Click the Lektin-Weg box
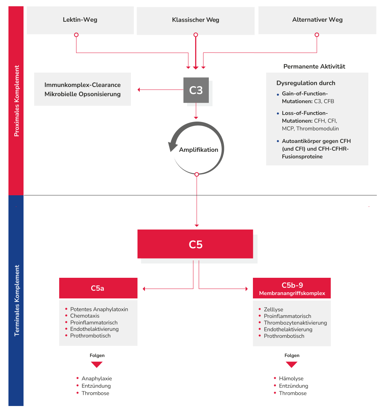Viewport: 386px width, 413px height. click(x=80, y=20)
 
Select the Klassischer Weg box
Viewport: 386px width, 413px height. click(x=196, y=20)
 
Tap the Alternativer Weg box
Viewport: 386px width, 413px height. click(x=317, y=20)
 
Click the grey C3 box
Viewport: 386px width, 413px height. click(x=196, y=90)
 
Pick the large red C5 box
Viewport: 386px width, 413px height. click(x=195, y=244)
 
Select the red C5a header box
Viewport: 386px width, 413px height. click(x=98, y=288)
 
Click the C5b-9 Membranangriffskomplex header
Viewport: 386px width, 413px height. click(x=292, y=288)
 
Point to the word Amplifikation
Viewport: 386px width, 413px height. click(x=199, y=150)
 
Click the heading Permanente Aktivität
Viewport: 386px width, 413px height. click(x=314, y=67)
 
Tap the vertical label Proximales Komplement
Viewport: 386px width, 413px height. click(x=16, y=101)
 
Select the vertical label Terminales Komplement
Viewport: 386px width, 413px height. click(x=16, y=300)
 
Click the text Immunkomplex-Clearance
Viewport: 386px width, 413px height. click(x=82, y=85)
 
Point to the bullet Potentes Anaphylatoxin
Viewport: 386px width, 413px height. click(x=99, y=309)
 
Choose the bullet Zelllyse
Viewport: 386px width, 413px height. click(x=273, y=309)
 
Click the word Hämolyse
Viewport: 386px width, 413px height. click(x=291, y=378)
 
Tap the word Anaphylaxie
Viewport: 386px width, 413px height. click(x=97, y=378)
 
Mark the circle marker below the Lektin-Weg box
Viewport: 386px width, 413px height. click(x=76, y=35)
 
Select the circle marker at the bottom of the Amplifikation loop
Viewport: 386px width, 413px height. click(x=197, y=174)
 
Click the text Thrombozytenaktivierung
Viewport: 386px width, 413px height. click(x=295, y=323)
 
